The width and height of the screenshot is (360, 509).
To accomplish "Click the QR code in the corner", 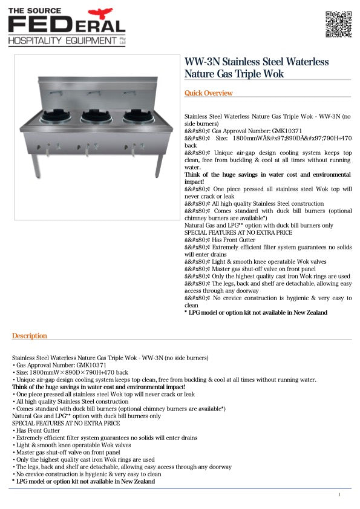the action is coord(339,24).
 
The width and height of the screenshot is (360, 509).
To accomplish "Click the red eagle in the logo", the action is coord(100,13).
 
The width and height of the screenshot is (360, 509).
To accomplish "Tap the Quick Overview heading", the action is coord(208,93).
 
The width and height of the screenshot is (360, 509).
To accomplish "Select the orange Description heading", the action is coord(29,336).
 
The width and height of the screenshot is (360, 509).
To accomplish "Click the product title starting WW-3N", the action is coord(257,68).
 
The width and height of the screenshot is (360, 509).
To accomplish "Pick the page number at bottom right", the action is coord(339,494).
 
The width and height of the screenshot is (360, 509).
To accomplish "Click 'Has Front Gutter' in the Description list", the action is coord(36,430).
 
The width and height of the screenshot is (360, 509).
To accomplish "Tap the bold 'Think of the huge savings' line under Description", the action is coord(99,387).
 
